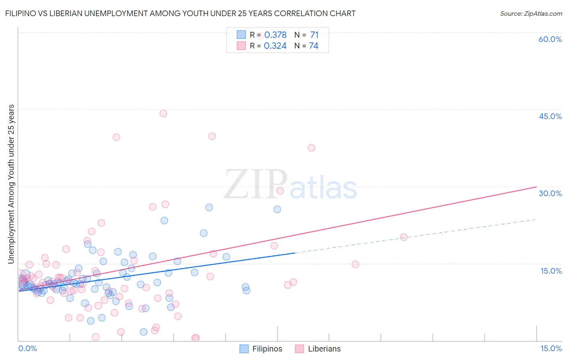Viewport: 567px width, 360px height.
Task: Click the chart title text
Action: pos(180,13)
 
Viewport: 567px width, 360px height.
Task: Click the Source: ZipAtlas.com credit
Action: pos(531,13)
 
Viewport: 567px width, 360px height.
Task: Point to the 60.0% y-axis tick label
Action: pos(550,39)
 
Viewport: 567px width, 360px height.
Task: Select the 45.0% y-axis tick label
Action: pos(550,116)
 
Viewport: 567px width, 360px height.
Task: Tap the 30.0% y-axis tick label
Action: pos(550,193)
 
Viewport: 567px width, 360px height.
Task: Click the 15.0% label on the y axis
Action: pos(551,271)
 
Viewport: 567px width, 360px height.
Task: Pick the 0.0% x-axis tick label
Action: pos(27,348)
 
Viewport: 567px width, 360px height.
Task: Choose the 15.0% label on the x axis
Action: pos(551,348)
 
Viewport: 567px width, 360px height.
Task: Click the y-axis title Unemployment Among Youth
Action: pos(11,184)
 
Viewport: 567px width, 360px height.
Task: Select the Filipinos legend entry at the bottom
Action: pos(261,349)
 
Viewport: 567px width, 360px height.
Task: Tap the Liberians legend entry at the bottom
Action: pos(318,349)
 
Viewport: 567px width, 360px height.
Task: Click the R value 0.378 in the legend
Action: pos(275,35)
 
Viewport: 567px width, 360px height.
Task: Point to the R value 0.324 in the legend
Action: pos(275,46)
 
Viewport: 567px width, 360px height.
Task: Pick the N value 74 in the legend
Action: pos(313,46)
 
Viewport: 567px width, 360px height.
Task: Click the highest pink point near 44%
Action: pos(163,113)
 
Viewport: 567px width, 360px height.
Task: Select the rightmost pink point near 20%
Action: pos(404,237)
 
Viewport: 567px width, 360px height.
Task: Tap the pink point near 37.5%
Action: pos(311,148)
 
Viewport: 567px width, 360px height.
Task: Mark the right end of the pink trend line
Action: pos(536,187)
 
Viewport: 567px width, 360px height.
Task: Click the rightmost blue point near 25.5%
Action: pos(277,209)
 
